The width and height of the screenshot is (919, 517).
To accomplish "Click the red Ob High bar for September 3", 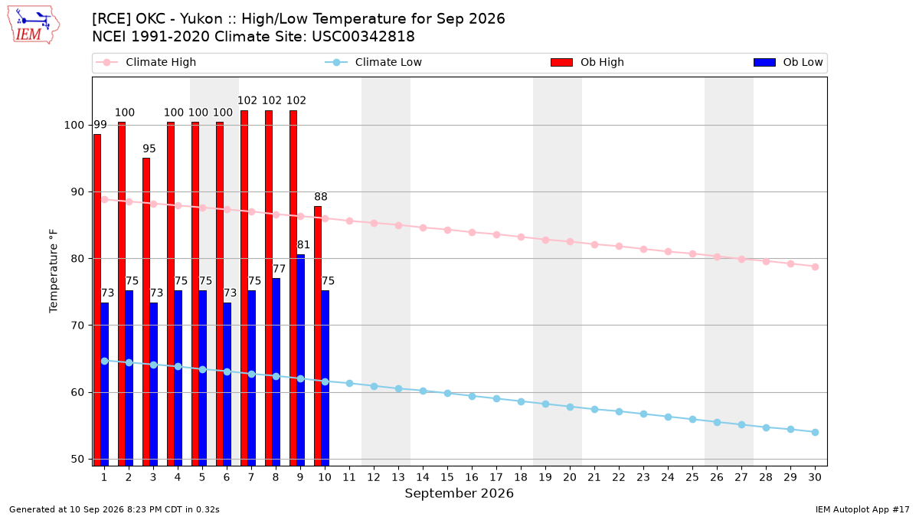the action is pos(146,312).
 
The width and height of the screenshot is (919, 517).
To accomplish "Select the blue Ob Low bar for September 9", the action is pos(301,360).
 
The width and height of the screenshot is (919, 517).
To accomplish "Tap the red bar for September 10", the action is pos(318,336).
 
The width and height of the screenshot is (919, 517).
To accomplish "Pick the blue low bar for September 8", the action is pos(276,372).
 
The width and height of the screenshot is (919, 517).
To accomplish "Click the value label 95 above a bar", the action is pos(149,149).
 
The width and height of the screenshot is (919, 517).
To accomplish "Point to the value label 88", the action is pos(321,197).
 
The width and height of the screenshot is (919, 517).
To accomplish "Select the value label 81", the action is pos(303,245).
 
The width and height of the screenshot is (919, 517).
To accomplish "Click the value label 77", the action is pos(279,269).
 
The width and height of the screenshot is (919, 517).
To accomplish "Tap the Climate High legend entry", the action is pos(146,62).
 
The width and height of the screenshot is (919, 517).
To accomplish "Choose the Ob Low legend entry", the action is pos(788,62).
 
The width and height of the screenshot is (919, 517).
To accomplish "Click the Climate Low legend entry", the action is pos(374,62).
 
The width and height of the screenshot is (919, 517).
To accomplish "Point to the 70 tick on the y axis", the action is pos(77,326).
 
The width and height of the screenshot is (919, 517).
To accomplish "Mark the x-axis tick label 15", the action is pos(447,477).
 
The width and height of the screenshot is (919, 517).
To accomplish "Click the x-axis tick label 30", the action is pos(815,477).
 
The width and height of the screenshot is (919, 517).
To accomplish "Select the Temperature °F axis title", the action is pos(54,271).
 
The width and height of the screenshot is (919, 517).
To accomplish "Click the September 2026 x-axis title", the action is pos(459,493).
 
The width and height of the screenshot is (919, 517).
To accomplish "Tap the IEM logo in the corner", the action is pos(34,25).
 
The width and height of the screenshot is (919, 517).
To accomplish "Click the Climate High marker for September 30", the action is pos(815,267).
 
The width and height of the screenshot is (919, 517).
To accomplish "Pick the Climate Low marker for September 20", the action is pos(570,407).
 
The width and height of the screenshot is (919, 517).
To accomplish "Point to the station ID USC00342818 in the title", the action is pos(363,37).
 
